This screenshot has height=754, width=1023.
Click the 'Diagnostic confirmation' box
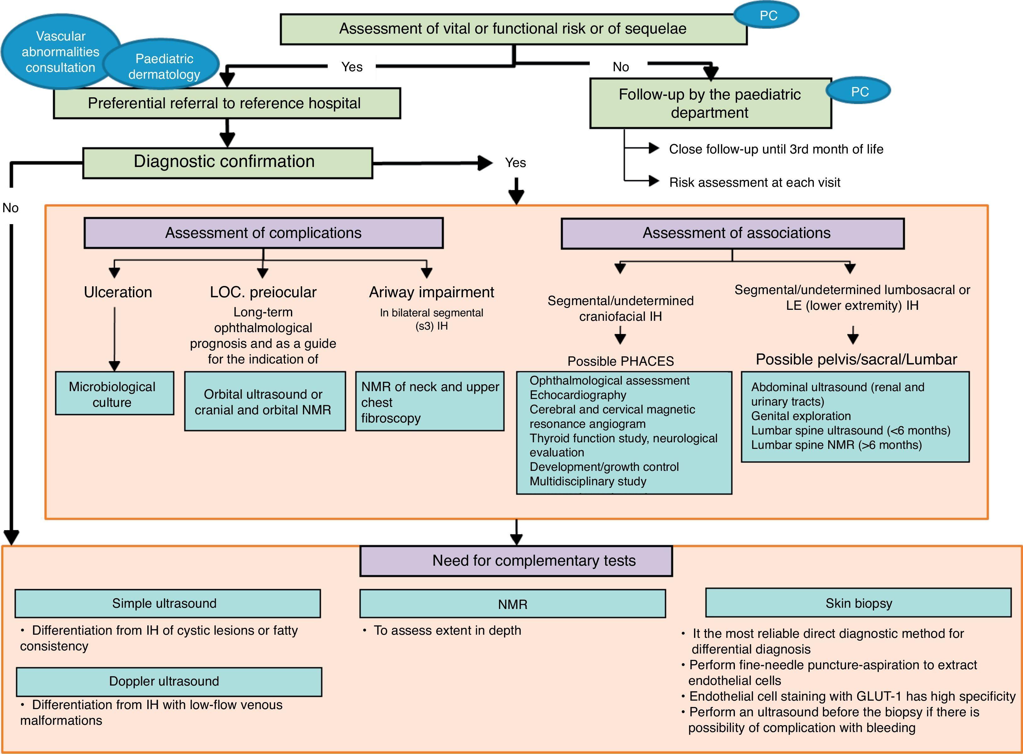pos(227,163)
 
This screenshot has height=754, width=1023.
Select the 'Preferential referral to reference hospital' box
pos(227,104)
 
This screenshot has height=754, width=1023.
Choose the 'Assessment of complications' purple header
pos(264,233)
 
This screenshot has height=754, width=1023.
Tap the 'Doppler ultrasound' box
pos(168,681)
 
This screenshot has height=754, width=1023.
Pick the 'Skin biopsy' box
pos(858,603)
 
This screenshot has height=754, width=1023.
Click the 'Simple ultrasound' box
pos(167,603)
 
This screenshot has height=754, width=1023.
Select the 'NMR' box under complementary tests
pos(512,604)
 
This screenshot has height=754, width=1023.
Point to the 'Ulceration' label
pos(118,293)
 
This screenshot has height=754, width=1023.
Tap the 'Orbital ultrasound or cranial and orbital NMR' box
pos(265,402)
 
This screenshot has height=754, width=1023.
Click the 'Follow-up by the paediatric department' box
pos(710,104)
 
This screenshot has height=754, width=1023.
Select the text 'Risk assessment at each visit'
pos(754,183)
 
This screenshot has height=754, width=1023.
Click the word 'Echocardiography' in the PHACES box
pos(578,395)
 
